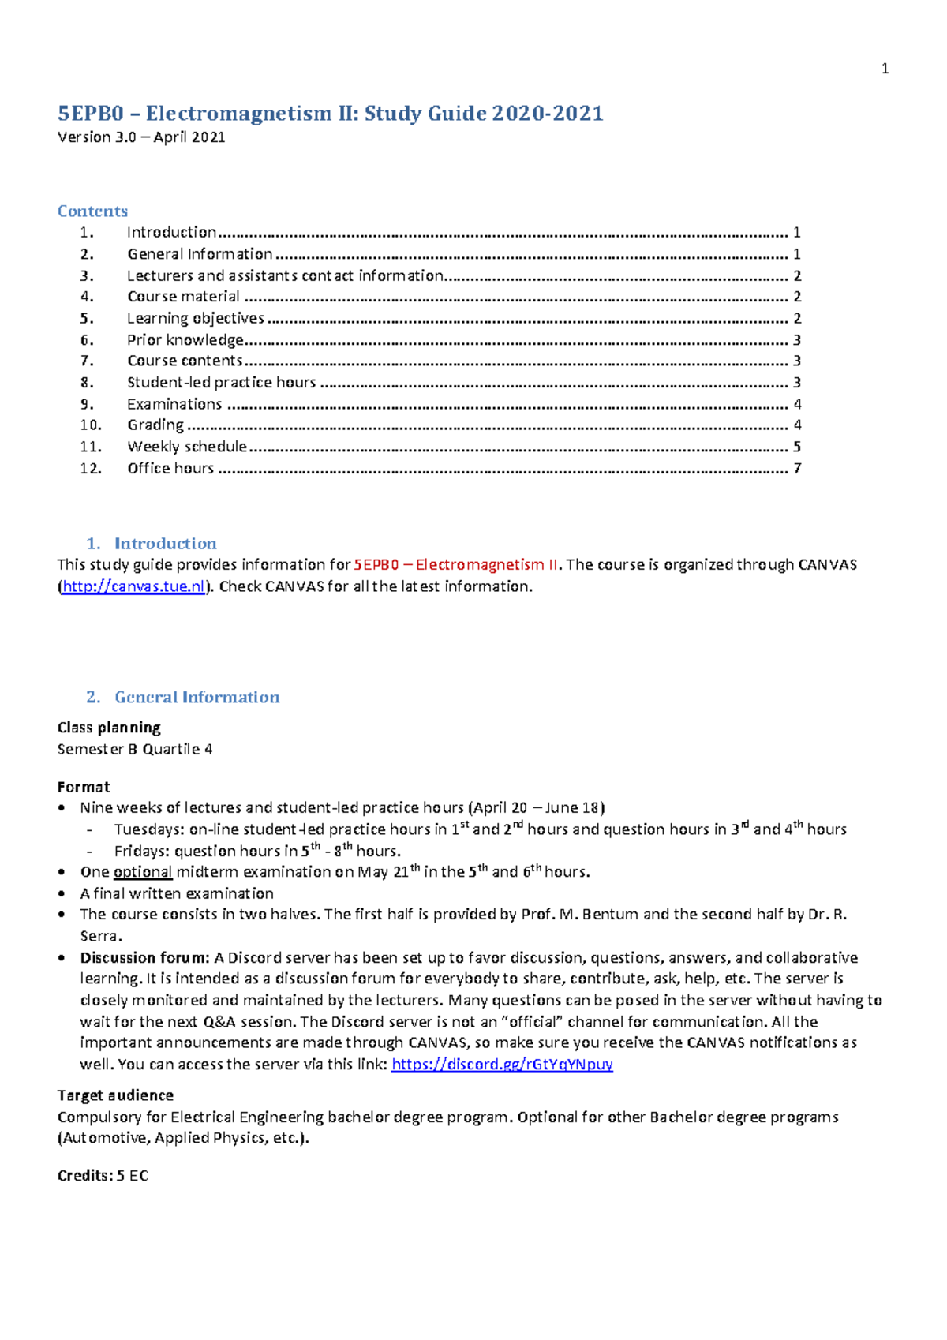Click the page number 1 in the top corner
tap(885, 69)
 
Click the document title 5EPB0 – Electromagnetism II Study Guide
tap(330, 114)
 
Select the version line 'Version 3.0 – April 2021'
tap(141, 137)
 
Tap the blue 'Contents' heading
tap(92, 211)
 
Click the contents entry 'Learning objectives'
tap(195, 318)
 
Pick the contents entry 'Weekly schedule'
tap(187, 447)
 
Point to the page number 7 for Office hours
tap(797, 469)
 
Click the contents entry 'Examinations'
tap(174, 404)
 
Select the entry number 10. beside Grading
tap(91, 425)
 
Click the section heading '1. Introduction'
tap(152, 544)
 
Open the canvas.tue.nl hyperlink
tap(133, 586)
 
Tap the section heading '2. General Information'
tap(183, 698)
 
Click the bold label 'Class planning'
tap(109, 728)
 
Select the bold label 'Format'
tap(84, 787)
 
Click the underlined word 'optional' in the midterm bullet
tap(143, 872)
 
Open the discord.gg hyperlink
tap(502, 1065)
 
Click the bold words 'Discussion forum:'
tap(144, 958)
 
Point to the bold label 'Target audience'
tap(115, 1095)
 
